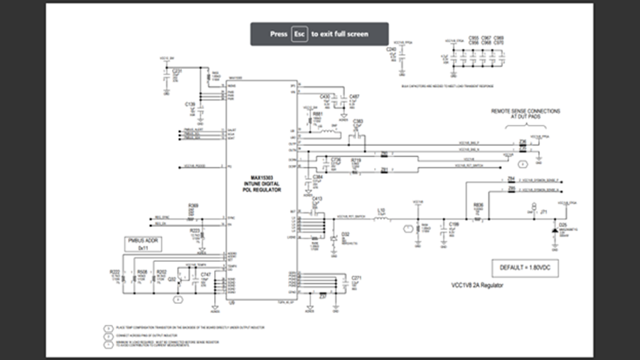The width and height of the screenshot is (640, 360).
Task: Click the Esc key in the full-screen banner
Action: click(299, 34)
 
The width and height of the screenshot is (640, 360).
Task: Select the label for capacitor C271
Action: click(357, 277)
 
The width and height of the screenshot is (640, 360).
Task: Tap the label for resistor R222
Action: click(115, 272)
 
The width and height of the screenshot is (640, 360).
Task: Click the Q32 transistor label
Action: click(172, 279)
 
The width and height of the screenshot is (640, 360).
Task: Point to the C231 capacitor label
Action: click(178, 71)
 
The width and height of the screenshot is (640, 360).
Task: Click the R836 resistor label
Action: click(478, 204)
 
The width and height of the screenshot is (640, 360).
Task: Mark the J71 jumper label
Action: click(543, 211)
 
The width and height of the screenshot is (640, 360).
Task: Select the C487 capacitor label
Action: click(354, 96)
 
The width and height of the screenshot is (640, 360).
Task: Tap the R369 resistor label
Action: click(193, 206)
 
